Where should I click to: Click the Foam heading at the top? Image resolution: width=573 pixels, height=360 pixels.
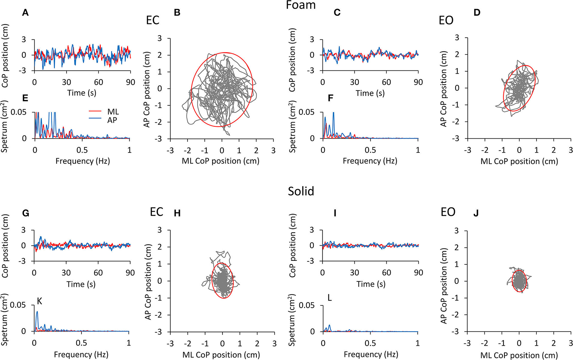[301, 5]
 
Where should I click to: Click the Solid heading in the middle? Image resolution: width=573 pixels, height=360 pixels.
[301, 191]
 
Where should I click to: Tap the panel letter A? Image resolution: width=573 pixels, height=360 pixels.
[25, 13]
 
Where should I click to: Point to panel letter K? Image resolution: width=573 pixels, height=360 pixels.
[39, 301]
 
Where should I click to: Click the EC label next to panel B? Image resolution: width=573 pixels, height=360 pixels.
[153, 20]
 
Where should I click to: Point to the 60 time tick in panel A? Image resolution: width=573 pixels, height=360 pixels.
[98, 82]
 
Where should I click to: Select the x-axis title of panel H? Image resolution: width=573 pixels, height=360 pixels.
[221, 355]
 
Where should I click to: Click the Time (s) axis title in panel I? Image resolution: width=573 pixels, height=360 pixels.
[370, 284]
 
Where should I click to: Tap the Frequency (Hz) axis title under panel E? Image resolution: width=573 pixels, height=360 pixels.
[82, 161]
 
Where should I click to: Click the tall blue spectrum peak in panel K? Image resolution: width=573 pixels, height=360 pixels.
[37, 312]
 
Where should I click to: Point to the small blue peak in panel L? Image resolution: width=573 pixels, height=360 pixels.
[330, 325]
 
